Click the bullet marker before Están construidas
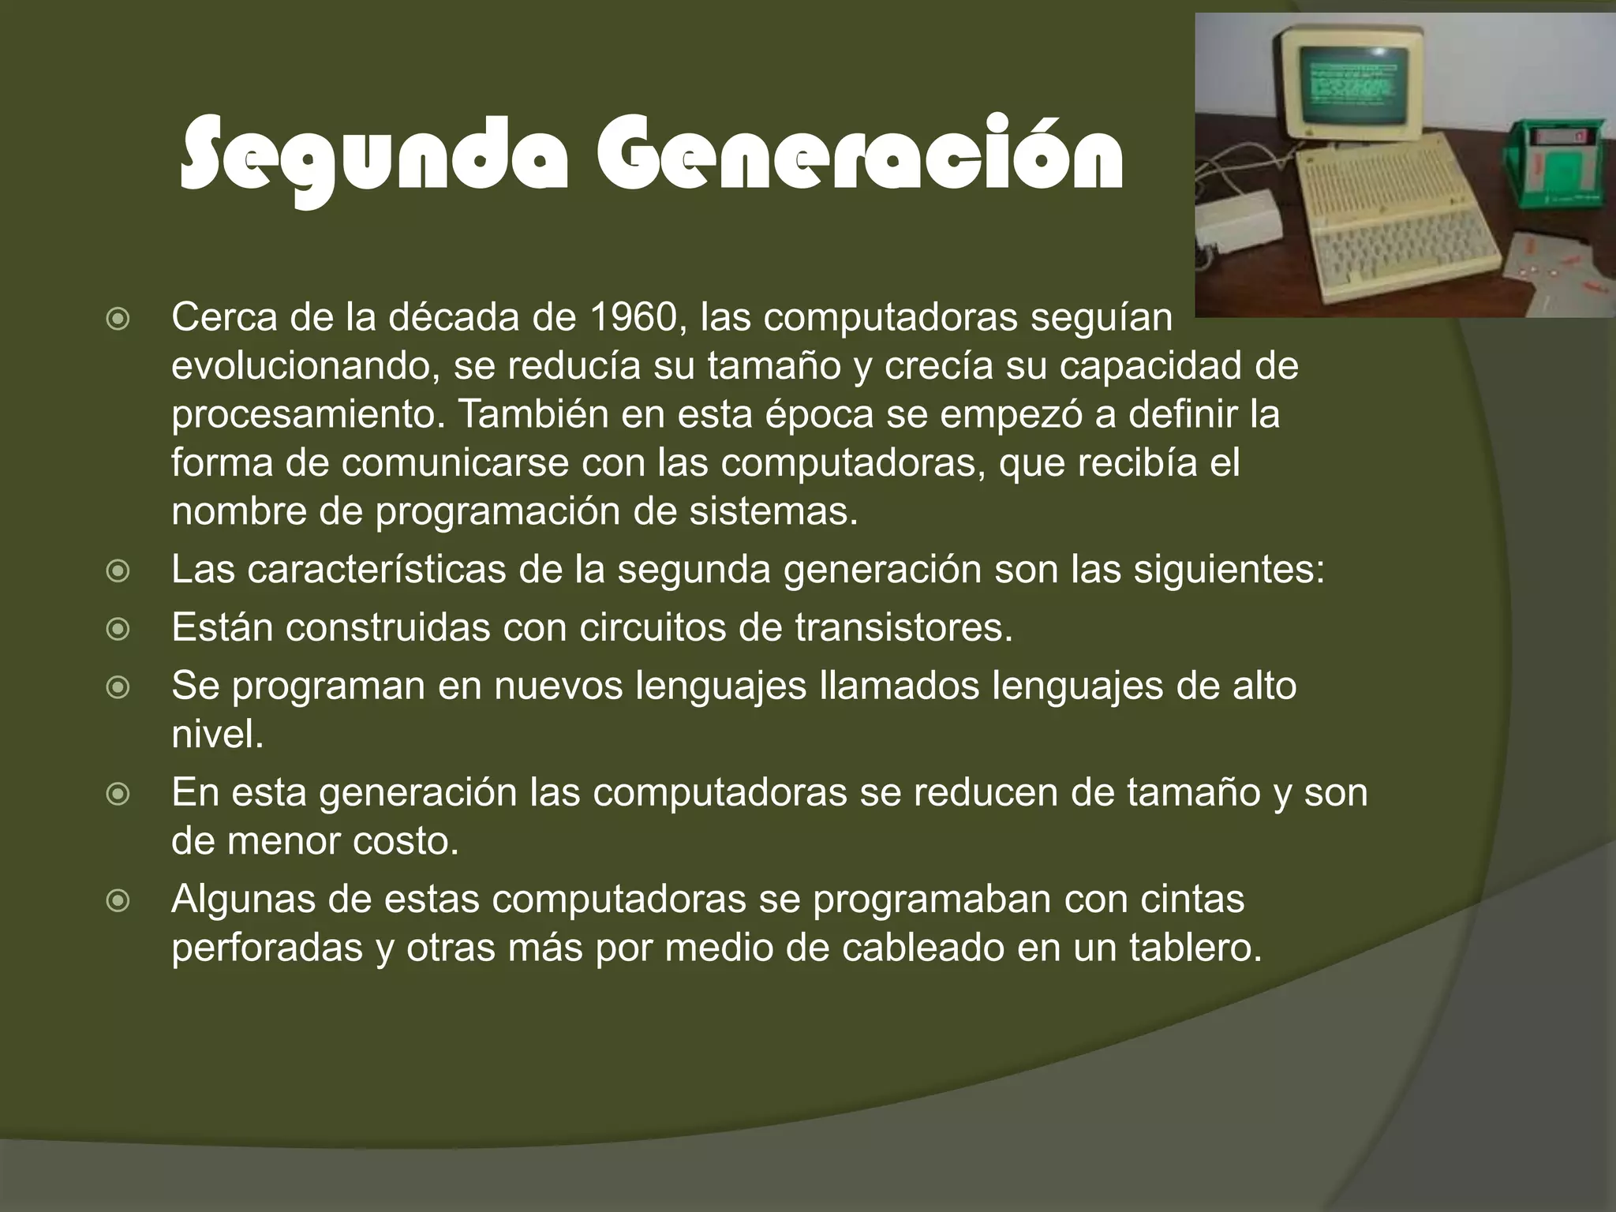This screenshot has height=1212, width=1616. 118,629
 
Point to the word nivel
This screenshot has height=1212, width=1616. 216,735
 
